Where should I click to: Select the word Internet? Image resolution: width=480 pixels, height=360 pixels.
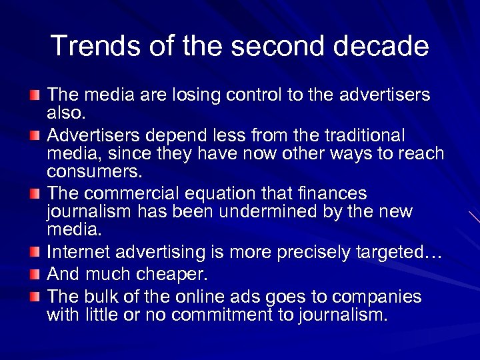(79, 253)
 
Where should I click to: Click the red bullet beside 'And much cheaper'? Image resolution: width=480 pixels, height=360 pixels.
(34, 274)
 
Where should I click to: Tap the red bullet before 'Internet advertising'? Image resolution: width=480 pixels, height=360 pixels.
(34, 252)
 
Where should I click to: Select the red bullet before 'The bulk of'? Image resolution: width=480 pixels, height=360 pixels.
(34, 296)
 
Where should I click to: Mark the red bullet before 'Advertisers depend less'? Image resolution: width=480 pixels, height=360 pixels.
(34, 135)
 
